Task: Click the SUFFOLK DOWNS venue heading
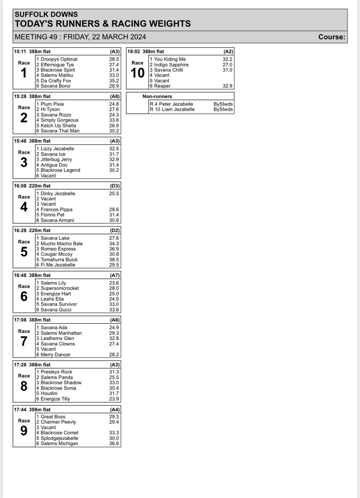click(40, 15)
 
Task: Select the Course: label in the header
click(331, 37)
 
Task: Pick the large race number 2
click(24, 118)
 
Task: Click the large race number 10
click(137, 73)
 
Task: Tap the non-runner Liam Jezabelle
click(174, 110)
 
